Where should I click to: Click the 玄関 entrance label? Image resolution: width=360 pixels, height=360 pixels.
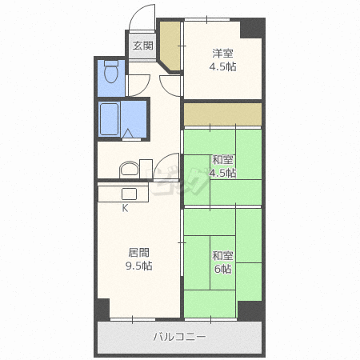coord(143,46)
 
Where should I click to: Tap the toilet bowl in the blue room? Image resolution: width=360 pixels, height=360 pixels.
coord(111,71)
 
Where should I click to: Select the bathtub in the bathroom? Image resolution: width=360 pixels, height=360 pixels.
coord(109,119)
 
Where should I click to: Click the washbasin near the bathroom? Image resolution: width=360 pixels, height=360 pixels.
coord(130,170)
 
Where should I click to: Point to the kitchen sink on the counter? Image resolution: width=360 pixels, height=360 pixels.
coord(129,194)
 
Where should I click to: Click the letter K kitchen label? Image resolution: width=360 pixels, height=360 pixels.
coord(125,208)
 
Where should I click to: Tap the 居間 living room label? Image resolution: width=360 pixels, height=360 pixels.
coord(138,253)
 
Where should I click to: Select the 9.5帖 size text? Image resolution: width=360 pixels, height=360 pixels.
coord(139,266)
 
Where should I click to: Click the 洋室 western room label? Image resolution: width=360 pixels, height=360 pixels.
coord(222,54)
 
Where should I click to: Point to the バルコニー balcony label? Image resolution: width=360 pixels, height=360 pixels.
coord(179,337)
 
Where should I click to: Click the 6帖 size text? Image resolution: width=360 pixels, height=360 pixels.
coord(223,269)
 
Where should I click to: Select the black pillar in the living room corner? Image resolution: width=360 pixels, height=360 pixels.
coord(103,309)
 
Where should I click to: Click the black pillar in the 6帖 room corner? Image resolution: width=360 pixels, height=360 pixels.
coord(250,310)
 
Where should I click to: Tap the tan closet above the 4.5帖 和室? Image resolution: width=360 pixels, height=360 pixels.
coord(222,114)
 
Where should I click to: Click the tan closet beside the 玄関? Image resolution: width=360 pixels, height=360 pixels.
coord(170,46)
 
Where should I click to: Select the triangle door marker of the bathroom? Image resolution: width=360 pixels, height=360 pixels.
coord(127,134)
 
